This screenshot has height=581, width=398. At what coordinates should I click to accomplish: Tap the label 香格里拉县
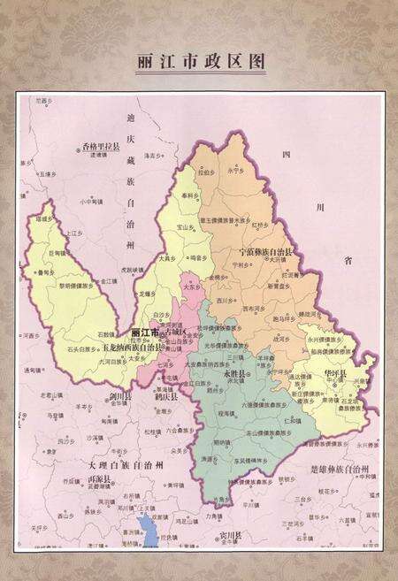point(101,145)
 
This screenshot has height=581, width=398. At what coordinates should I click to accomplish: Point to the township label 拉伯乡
point(203,173)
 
